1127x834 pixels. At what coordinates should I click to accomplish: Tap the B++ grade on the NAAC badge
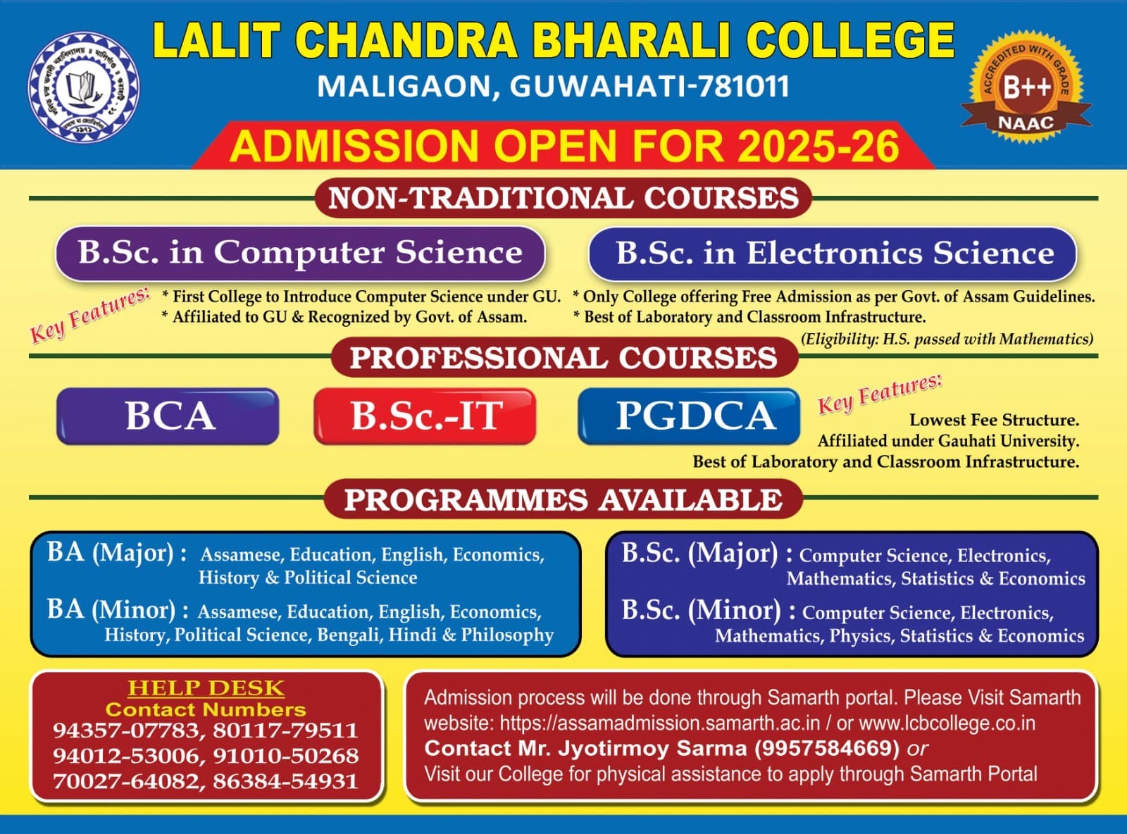click(x=1026, y=87)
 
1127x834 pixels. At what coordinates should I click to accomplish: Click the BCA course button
click(x=168, y=416)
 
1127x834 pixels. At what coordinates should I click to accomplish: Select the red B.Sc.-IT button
click(x=425, y=416)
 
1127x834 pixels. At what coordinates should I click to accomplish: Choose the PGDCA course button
click(x=689, y=416)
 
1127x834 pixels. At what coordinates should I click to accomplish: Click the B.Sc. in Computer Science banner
click(x=300, y=253)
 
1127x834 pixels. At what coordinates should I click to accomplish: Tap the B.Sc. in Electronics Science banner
click(x=833, y=253)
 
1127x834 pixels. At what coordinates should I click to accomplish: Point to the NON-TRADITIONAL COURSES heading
click(x=563, y=198)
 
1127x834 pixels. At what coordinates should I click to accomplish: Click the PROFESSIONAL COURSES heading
click(x=563, y=358)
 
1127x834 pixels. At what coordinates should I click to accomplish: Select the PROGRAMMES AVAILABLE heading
click(x=563, y=499)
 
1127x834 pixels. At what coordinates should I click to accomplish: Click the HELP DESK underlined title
click(x=206, y=687)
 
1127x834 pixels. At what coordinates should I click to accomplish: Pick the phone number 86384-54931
click(x=285, y=781)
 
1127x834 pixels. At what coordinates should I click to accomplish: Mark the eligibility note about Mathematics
click(x=947, y=339)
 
